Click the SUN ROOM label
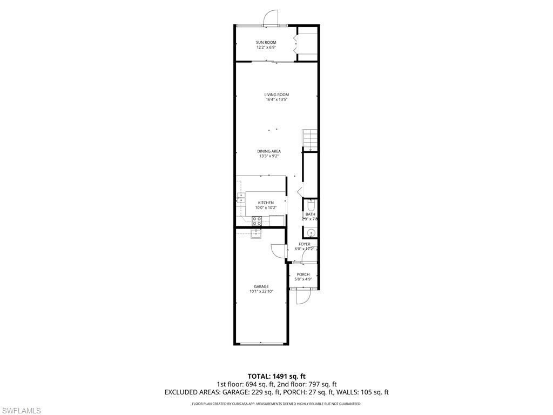coord(266,42)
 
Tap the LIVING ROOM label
coord(276,95)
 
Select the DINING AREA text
coord(269,151)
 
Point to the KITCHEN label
coord(266,203)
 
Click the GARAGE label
coord(261,286)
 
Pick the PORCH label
coord(303,275)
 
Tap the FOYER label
coord(305,244)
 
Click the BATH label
coord(310,214)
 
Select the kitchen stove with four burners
coord(257,220)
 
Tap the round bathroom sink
coord(311,232)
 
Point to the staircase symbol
coord(309,139)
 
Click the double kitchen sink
coord(241,197)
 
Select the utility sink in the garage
coord(255,233)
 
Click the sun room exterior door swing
coord(270,18)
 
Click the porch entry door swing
coord(302,296)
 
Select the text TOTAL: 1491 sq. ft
coord(276,376)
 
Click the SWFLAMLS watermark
coord(21,411)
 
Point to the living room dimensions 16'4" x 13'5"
coord(276,100)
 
